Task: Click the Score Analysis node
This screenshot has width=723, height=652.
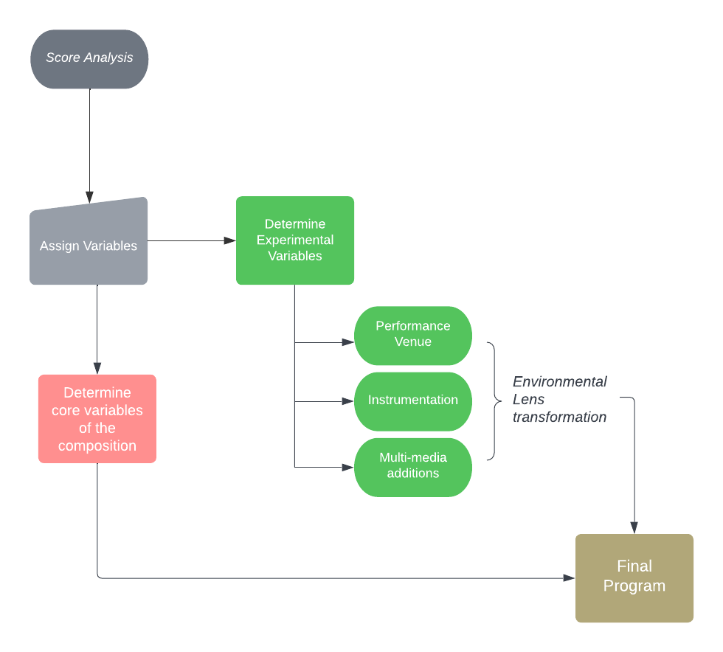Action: click(89, 59)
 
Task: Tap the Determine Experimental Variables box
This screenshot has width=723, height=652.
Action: click(295, 240)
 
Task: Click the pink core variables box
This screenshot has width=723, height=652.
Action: click(97, 419)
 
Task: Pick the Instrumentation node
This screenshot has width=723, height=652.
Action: click(413, 401)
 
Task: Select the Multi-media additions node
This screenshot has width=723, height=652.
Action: click(413, 467)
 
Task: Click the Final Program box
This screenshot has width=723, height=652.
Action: click(634, 578)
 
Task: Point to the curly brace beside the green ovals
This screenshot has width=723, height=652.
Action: click(493, 401)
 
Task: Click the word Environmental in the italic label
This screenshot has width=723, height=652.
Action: click(560, 382)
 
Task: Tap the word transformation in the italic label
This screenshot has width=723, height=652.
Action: click(560, 417)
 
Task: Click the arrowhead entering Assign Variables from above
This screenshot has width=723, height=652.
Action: click(89, 197)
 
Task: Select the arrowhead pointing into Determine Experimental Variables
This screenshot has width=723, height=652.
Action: click(229, 240)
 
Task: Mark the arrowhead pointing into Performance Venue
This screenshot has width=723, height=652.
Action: click(347, 342)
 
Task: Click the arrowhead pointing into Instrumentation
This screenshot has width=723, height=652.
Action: click(347, 401)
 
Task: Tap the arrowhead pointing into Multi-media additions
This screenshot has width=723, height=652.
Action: click(347, 467)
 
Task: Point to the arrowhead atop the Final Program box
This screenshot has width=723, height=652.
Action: click(634, 527)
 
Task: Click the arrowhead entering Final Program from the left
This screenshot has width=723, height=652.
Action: click(569, 578)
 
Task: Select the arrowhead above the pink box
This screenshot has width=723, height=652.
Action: click(97, 368)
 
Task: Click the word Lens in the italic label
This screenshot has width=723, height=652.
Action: click(529, 400)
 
